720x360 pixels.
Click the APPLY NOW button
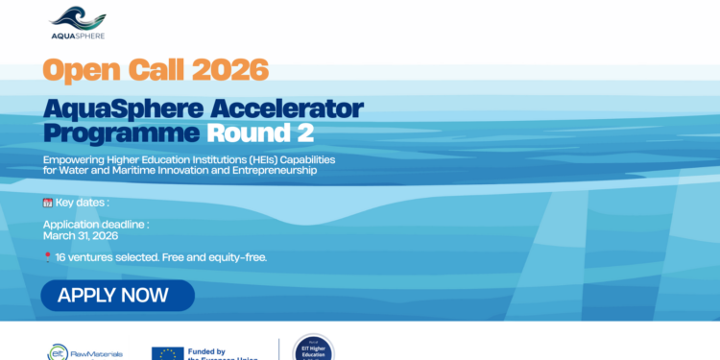117,295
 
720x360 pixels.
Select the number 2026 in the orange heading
228,70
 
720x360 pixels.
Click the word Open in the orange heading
77,70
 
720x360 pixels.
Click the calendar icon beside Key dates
48,204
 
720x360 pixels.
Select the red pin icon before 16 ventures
48,257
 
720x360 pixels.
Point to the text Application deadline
96,225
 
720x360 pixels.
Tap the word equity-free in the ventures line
237,257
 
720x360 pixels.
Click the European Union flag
167,352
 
